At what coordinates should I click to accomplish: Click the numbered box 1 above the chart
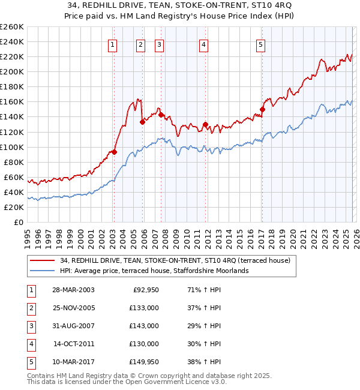tap(113, 44)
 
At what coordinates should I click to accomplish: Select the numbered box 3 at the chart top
tap(160, 44)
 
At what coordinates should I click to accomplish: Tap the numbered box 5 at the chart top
tap(261, 44)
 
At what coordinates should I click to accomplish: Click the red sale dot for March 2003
tap(113, 152)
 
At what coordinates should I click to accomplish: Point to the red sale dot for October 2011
tap(205, 124)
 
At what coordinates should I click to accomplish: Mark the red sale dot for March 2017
tap(262, 109)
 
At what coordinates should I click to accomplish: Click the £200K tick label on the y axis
tap(12, 71)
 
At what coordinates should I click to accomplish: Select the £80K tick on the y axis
tap(14, 162)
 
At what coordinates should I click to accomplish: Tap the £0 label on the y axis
tap(19, 222)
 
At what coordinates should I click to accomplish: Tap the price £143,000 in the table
tap(145, 326)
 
